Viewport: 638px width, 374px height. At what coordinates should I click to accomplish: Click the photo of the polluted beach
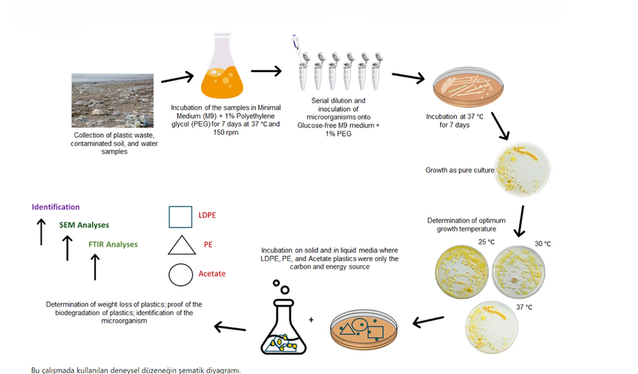pos(113,100)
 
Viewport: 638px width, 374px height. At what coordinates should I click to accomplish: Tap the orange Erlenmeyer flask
pos(222,66)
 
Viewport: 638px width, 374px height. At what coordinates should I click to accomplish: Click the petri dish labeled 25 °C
pos(461,271)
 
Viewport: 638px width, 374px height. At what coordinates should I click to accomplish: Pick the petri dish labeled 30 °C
pos(519,272)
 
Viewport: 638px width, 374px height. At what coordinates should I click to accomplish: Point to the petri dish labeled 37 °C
pos(492,327)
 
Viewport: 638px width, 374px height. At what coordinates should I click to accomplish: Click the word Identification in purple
pos(56,207)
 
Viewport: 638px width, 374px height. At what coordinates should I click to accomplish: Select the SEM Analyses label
pos(85,225)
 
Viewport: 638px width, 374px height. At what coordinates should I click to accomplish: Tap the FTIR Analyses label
pos(113,244)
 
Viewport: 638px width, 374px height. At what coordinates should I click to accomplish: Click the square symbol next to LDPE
pos(181,217)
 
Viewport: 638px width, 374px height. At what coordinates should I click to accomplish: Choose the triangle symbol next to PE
pos(182,246)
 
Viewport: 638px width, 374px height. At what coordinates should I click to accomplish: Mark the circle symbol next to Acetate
pos(181,275)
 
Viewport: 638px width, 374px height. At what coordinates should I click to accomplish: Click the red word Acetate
pos(212,274)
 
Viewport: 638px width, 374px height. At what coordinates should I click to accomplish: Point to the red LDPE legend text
pos(207,215)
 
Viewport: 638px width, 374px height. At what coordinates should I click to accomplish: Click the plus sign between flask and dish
pos(312,320)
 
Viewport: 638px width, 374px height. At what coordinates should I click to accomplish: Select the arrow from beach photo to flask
pos(177,78)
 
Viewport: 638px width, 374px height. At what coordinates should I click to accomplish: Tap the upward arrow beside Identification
pos(41,232)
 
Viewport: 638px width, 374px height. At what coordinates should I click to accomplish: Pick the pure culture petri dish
pos(522,170)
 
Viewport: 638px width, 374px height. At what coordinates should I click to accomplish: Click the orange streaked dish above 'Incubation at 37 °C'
pos(468,87)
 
